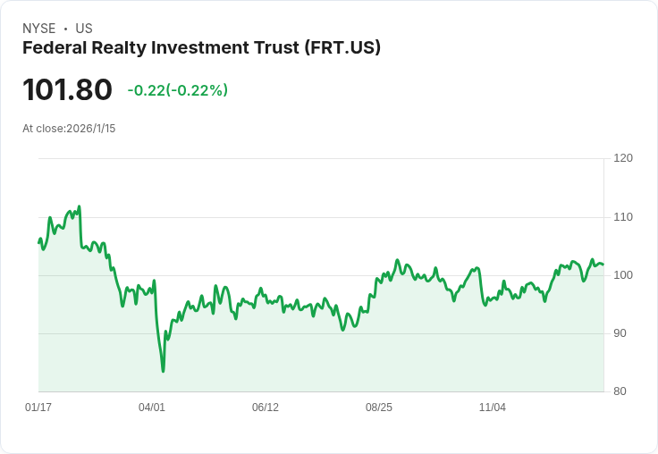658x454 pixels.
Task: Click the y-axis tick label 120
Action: (623, 158)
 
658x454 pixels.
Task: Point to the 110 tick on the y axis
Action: (623, 217)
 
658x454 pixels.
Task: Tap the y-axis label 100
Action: (623, 275)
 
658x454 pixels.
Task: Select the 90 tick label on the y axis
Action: (620, 333)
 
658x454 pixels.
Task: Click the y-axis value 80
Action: (620, 391)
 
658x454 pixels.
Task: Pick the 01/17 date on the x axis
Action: (38, 408)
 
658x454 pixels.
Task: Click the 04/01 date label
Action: (152, 408)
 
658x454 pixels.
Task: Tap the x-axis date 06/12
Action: (266, 408)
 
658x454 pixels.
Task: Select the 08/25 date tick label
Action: (379, 408)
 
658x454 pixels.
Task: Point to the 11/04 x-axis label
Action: (493, 408)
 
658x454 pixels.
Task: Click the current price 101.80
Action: (67, 89)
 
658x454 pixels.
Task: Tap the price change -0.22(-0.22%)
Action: (178, 90)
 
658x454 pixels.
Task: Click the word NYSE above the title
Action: (39, 29)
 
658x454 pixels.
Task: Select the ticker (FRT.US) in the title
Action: (342, 48)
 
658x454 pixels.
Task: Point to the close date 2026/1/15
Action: (90, 129)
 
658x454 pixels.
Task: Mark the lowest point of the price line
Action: (164, 372)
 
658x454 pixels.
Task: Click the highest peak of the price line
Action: (79, 206)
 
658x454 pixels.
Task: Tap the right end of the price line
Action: (603, 265)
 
